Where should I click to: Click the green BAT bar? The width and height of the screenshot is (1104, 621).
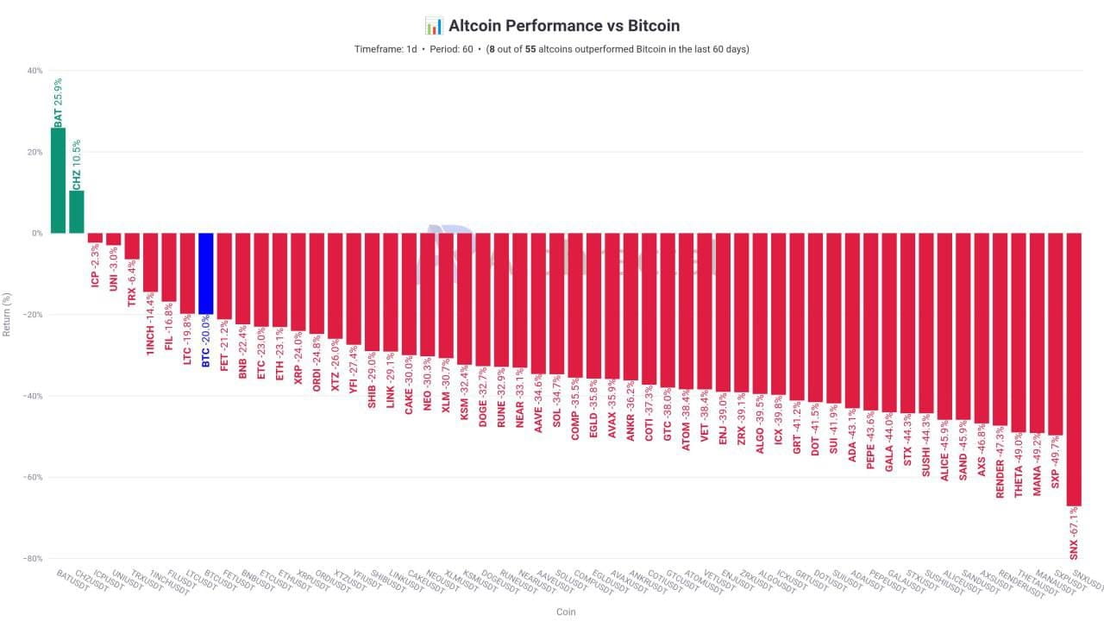pos(58,180)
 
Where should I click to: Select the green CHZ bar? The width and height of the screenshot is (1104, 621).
pos(77,211)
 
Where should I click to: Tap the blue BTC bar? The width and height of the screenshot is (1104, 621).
pos(205,273)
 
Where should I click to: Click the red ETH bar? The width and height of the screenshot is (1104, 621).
pos(279,279)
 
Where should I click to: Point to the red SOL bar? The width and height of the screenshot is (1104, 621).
pos(557,304)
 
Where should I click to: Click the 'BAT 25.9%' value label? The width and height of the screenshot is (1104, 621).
pos(58,102)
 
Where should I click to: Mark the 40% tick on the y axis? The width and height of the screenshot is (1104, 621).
pos(34,71)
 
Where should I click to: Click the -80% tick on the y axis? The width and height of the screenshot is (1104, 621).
pos(33,559)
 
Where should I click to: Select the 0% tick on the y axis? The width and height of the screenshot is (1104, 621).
pos(37,233)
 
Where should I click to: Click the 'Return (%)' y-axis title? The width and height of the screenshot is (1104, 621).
pos(8,315)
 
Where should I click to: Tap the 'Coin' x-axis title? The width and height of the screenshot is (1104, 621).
pos(566,612)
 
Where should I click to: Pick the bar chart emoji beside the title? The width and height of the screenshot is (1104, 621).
pos(434,26)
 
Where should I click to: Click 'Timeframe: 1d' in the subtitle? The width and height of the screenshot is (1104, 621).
pos(385,49)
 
